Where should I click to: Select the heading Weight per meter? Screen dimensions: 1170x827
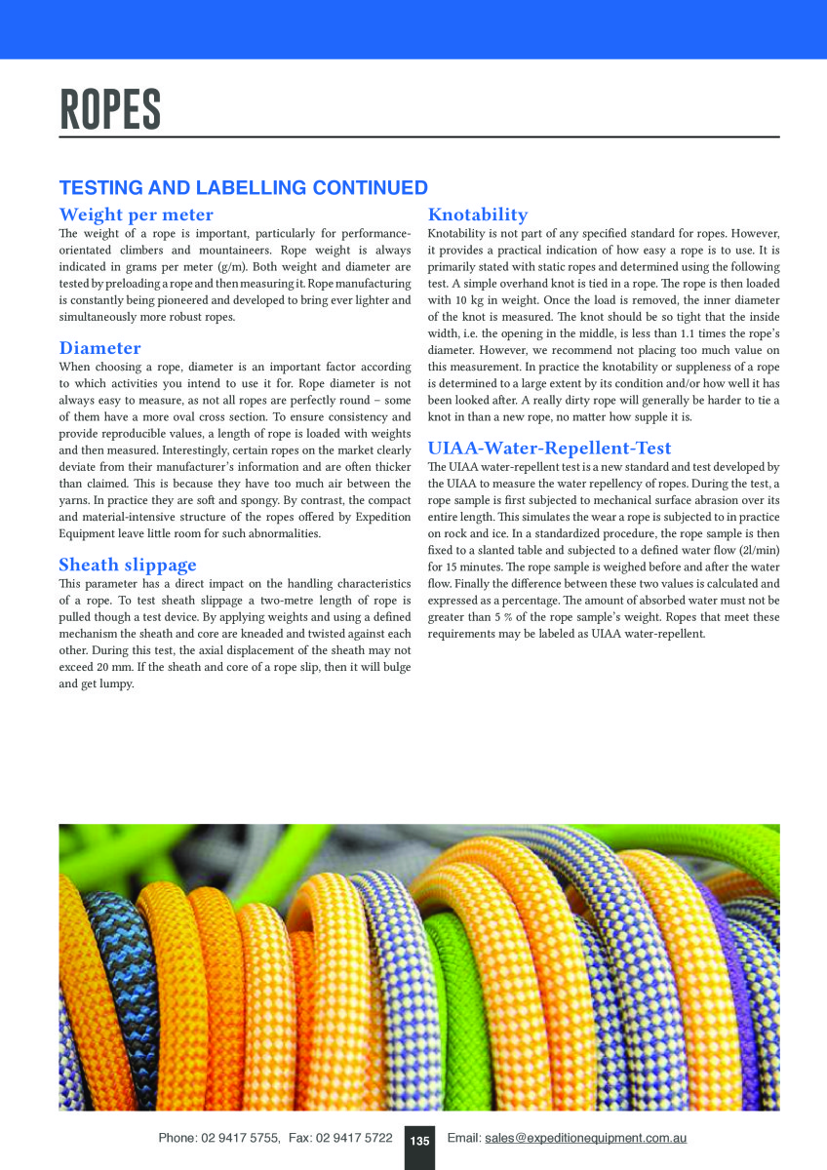[136, 214]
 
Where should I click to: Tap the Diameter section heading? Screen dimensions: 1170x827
[99, 348]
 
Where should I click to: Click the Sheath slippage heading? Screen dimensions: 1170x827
[127, 565]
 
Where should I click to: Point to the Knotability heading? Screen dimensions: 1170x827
[478, 214]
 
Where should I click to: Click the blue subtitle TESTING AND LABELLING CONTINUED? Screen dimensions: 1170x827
[243, 188]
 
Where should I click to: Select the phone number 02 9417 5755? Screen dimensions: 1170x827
[241, 1138]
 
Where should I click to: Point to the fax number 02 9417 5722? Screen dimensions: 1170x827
[354, 1138]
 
